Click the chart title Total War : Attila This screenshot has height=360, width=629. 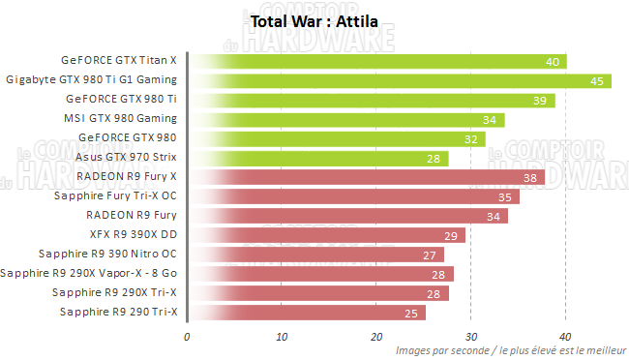click(x=314, y=20)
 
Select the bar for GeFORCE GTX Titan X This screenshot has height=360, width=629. click(x=377, y=61)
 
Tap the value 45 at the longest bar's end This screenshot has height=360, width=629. click(x=598, y=80)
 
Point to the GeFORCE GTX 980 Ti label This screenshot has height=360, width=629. click(x=121, y=100)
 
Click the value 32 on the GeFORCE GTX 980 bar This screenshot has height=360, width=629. click(x=472, y=138)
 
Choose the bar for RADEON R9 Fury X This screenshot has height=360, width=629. click(x=368, y=177)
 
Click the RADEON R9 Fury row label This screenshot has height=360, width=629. click(x=131, y=216)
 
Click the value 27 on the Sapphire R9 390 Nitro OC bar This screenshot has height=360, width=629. click(x=431, y=255)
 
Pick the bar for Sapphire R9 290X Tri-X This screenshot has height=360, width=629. click(x=319, y=292)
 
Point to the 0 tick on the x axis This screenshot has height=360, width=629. click(x=187, y=337)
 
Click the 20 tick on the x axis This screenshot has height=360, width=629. click(x=376, y=337)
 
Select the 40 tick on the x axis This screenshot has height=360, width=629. click(x=565, y=337)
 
